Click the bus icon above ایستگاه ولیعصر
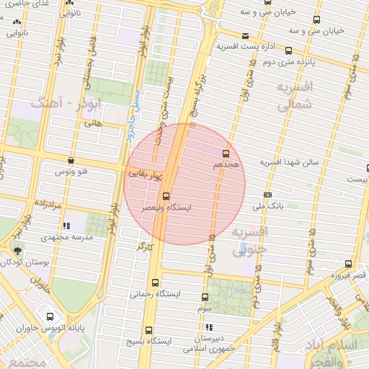pos(166,196)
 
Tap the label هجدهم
pos(225,165)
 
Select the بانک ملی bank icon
pos(268,195)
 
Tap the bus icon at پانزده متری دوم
pos(289,50)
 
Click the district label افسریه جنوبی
pos(249,239)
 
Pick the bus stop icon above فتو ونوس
pos(70,161)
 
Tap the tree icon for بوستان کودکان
pos(17,250)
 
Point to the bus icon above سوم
pos(205,297)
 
